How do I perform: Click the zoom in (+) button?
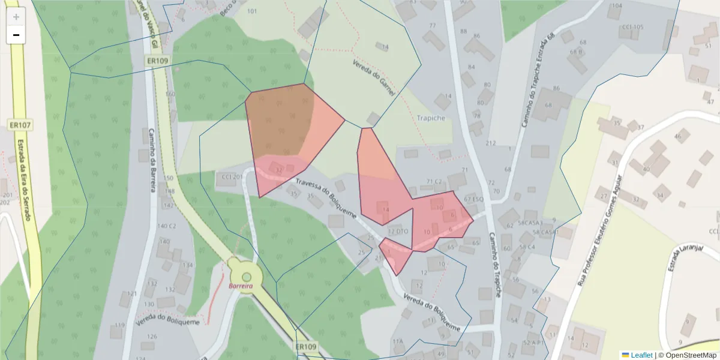click(16, 17)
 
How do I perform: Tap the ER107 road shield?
click(20, 125)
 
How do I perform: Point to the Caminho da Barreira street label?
click(152, 160)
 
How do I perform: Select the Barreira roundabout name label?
click(241, 286)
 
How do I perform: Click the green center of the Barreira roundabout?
click(246, 276)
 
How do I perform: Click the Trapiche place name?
click(430, 118)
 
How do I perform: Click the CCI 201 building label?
click(232, 176)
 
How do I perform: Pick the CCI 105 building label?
click(632, 27)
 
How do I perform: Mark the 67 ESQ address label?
click(473, 199)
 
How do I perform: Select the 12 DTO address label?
click(398, 231)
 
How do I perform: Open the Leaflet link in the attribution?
click(641, 355)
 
